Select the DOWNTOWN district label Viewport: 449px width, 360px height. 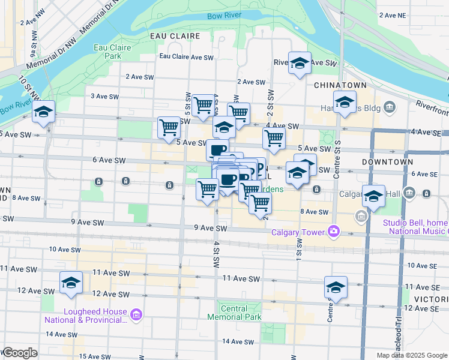(388, 162)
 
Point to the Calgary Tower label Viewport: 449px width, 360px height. (298, 232)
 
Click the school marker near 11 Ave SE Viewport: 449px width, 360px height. (336, 287)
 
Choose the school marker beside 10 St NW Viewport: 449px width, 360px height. (44, 112)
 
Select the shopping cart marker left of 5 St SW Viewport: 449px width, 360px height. (169, 127)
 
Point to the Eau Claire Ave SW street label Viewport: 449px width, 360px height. (186, 58)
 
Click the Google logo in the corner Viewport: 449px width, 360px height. (20, 353)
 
